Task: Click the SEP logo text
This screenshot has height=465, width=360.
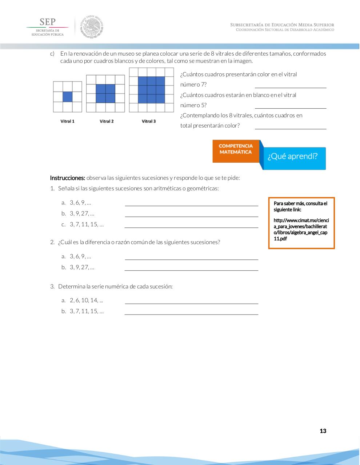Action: point(47,22)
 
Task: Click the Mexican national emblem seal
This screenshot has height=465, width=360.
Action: point(92,27)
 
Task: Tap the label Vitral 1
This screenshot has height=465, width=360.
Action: point(67,121)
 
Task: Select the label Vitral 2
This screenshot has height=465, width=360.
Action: point(107,121)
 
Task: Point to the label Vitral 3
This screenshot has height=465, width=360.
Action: point(149,121)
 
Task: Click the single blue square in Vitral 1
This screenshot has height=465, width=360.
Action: point(67,97)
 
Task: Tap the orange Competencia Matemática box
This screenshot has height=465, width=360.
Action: point(236,151)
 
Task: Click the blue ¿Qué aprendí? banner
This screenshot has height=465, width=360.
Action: point(293,157)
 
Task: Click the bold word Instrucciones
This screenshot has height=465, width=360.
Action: point(68,178)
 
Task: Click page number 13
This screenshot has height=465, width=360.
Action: point(323,431)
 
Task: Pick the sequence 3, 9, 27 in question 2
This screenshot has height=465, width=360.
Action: point(82,267)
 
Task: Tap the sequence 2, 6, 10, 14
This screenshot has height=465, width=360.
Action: point(86,300)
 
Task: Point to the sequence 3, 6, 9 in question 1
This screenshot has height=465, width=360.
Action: point(80,203)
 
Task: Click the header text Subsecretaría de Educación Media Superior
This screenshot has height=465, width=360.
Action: point(282,25)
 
